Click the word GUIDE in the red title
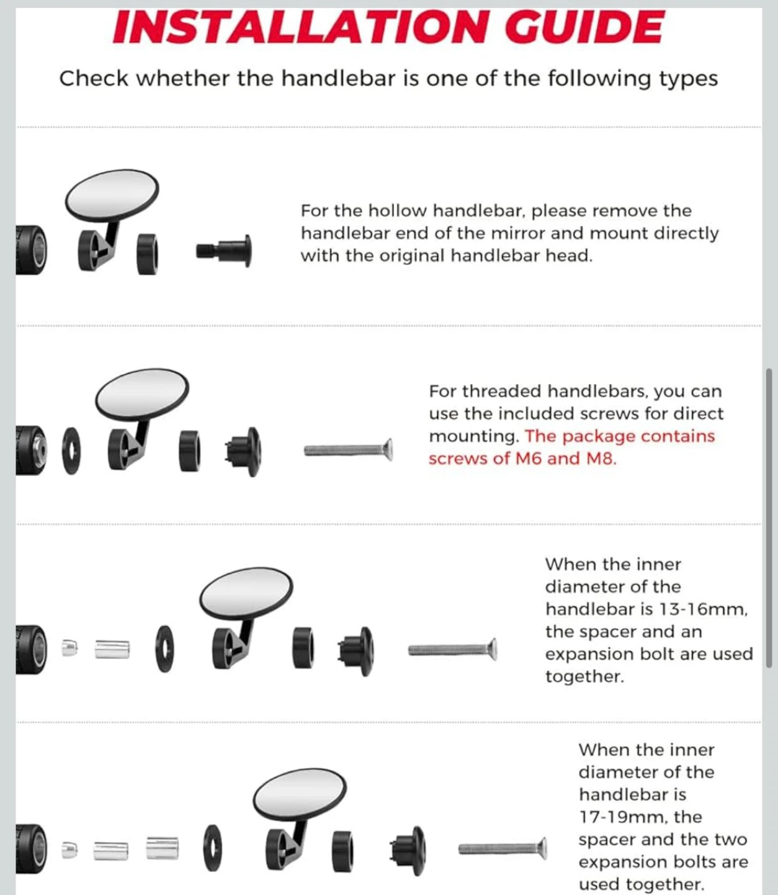click(x=584, y=27)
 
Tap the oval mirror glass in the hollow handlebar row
click(x=112, y=196)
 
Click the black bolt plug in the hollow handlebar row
click(x=224, y=251)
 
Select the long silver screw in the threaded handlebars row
click(x=349, y=450)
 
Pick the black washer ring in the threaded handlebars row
click(x=71, y=451)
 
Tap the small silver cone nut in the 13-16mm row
click(x=70, y=648)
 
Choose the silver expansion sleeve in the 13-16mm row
click(x=112, y=649)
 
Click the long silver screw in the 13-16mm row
click(x=452, y=649)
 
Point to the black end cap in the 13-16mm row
click(x=357, y=651)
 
